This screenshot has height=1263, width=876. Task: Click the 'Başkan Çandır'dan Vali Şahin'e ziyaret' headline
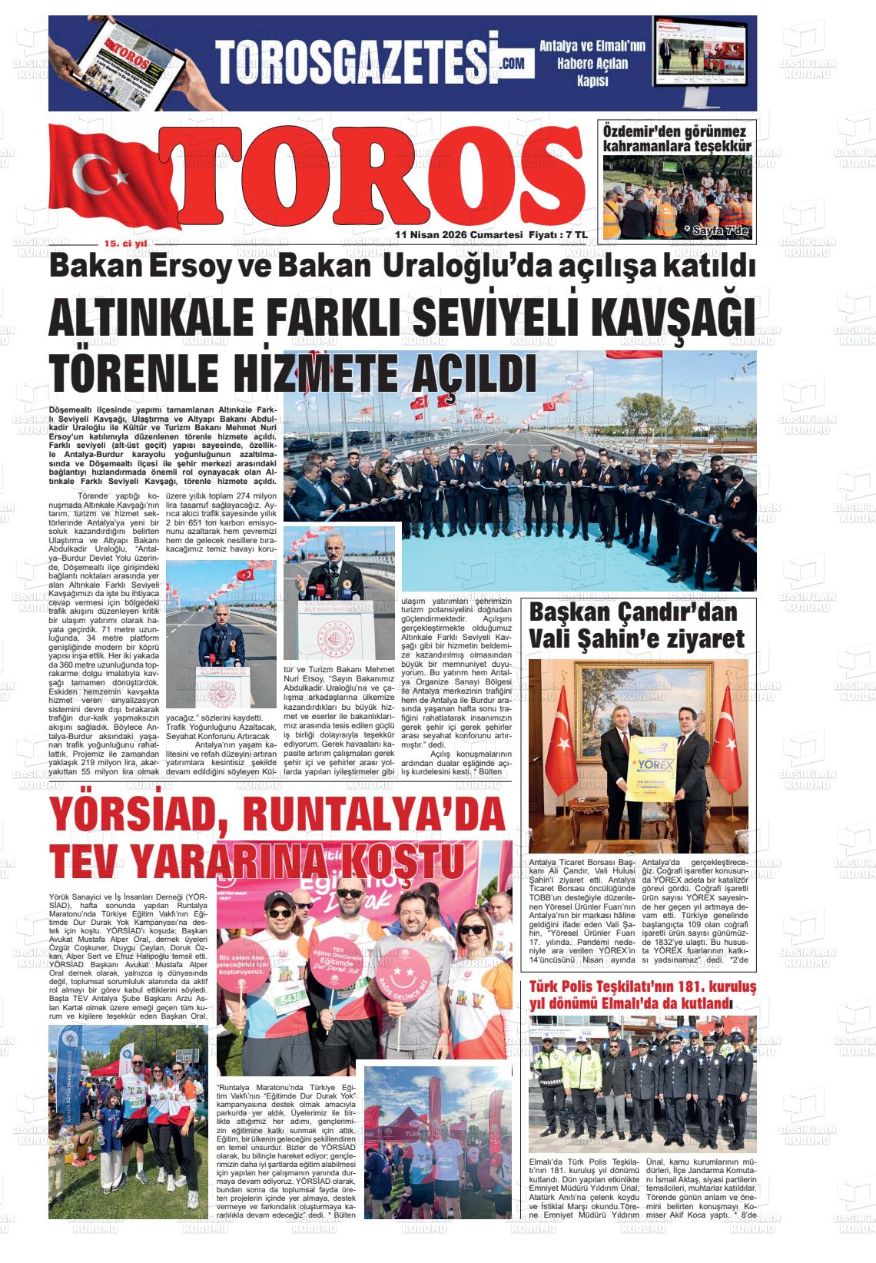tap(637, 625)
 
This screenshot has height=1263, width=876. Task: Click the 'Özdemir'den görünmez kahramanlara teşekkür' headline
tap(676, 138)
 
